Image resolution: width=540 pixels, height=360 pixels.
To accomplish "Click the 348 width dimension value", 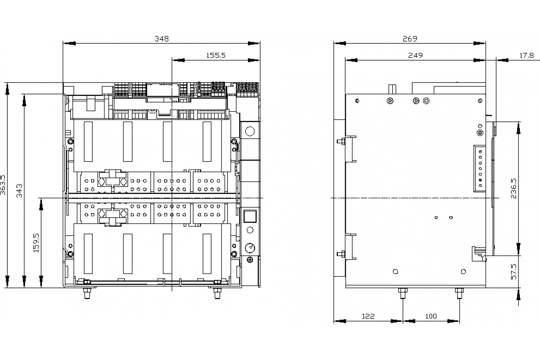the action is coord(162,39).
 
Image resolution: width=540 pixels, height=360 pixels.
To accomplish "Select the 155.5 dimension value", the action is coord(216,55).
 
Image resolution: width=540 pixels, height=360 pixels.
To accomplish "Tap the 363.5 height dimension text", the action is coord(3,185).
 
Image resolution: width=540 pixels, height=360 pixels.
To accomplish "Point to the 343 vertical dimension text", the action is coord(19,191).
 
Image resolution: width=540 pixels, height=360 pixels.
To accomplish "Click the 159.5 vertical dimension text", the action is coord(36,243).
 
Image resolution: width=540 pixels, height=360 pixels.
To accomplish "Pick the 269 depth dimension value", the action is coord(410,39).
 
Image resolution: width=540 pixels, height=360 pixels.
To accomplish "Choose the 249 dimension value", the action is coord(415,55).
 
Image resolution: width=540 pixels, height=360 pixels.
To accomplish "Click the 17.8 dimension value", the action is coord(526,55).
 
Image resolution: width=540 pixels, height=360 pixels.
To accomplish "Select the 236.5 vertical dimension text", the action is coord(514,188).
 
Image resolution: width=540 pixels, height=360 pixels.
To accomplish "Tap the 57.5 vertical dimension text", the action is coord(514,272).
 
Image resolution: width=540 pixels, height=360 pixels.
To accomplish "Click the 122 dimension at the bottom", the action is coord(368,316).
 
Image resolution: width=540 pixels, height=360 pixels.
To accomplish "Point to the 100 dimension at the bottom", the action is coord(431,316).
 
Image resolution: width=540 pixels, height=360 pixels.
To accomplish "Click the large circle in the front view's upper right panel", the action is coord(250,131).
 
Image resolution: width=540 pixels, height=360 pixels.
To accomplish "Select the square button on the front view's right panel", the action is coord(250,216).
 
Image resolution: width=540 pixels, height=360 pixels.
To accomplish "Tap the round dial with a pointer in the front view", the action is coord(250,247).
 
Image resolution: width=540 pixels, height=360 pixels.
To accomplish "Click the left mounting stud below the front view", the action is coord(87,293).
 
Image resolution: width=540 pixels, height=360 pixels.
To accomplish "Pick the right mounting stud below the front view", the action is coord(217,293).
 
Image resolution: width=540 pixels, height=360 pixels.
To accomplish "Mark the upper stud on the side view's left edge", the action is coord(342,141).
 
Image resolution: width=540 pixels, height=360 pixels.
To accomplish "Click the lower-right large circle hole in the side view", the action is coord(463,271).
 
